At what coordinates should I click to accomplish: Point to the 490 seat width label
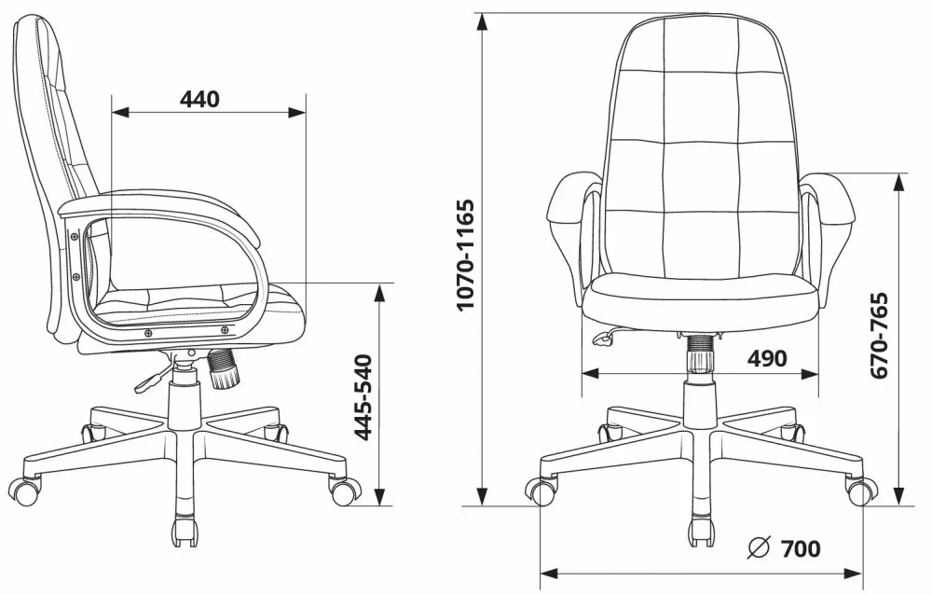tap(766, 359)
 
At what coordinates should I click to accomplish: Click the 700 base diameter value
tap(801, 548)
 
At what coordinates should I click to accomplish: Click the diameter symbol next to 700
tap(759, 548)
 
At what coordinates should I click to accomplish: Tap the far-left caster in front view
tap(541, 491)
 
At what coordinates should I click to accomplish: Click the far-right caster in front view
tap(860, 490)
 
